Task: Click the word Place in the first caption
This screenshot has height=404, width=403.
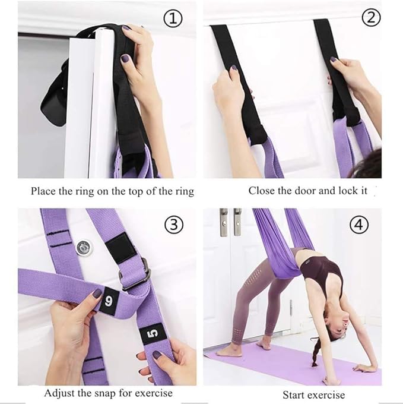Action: pyautogui.click(x=43, y=191)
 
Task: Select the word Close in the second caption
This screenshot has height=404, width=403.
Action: pyautogui.click(x=262, y=191)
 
